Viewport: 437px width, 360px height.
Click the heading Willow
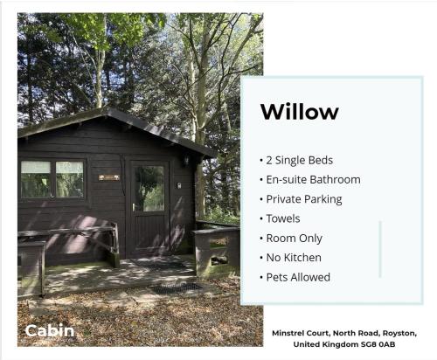click(x=300, y=112)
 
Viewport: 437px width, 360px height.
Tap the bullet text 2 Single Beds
click(x=300, y=160)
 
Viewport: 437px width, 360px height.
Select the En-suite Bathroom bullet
click(x=314, y=180)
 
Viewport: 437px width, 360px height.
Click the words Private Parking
click(x=304, y=199)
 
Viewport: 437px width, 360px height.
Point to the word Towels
click(x=283, y=218)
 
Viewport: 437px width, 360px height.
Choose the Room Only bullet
click(x=295, y=239)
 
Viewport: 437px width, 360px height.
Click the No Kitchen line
click(x=294, y=258)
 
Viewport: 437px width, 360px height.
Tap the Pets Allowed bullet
click(x=298, y=277)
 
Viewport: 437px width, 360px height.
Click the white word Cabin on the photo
click(x=50, y=331)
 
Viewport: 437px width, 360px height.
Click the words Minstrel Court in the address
click(x=301, y=333)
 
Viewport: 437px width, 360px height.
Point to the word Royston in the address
click(x=399, y=334)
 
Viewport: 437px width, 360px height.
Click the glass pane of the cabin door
click(x=149, y=188)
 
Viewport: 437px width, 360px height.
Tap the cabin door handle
click(x=134, y=207)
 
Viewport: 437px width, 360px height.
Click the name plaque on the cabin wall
click(x=109, y=177)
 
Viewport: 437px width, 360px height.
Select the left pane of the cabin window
click(x=36, y=179)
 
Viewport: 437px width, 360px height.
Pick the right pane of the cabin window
click(x=70, y=179)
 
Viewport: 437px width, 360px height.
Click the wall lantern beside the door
click(x=185, y=160)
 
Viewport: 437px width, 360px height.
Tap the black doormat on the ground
click(x=176, y=288)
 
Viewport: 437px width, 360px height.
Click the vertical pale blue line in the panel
click(x=380, y=249)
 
